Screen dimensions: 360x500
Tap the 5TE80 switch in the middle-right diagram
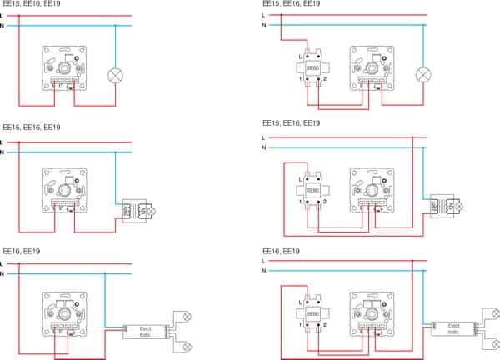(x=312, y=191)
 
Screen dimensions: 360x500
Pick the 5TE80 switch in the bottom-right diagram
(x=312, y=313)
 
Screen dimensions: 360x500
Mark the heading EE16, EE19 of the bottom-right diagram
(x=282, y=250)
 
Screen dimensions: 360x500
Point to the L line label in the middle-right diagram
(x=263, y=137)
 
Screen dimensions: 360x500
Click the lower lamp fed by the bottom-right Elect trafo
(x=492, y=342)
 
